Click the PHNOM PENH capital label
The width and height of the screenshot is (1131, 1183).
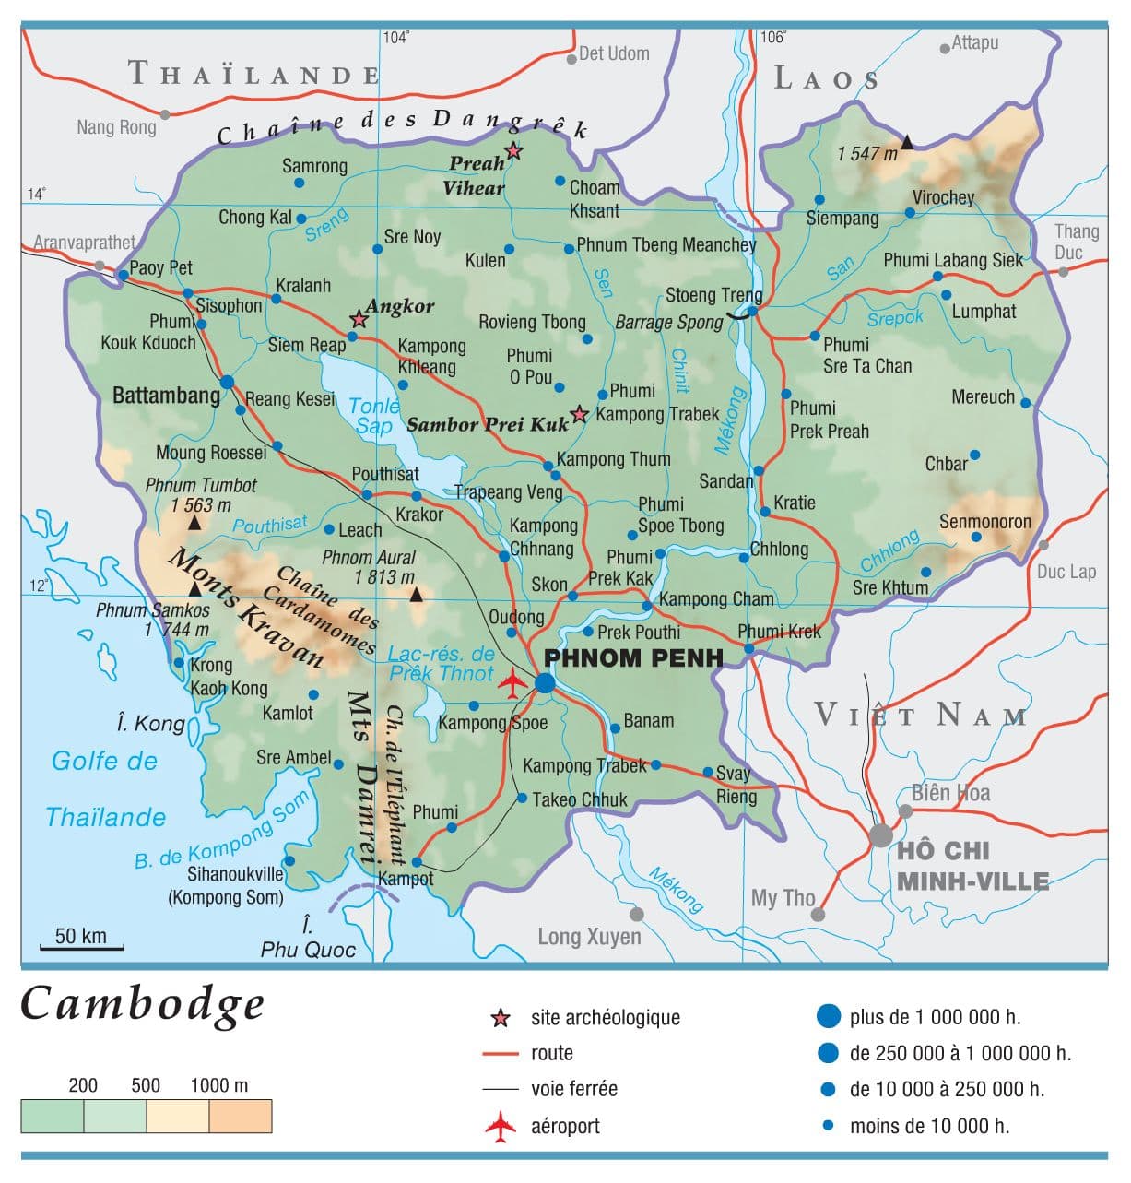(633, 657)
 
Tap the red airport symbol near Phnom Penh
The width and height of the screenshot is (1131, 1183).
(512, 682)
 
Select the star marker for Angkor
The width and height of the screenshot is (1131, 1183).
(359, 319)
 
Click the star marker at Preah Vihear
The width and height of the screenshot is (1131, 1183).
(513, 151)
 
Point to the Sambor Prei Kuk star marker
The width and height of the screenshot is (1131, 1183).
(579, 414)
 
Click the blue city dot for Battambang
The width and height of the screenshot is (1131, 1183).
(228, 382)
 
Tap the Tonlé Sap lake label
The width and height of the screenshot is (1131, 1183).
(374, 415)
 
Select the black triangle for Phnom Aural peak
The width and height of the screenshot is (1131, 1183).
(417, 596)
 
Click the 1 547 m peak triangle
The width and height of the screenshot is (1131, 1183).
(907, 142)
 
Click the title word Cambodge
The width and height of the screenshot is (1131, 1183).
(143, 1004)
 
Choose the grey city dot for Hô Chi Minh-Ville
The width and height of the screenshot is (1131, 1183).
(881, 835)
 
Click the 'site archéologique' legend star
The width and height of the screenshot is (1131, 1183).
(501, 1018)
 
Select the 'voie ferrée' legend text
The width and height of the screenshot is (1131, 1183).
(573, 1089)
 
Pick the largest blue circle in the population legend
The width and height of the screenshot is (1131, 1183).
(829, 1016)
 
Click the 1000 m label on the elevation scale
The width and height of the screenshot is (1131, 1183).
(218, 1085)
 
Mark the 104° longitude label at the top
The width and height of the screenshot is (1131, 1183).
(396, 37)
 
